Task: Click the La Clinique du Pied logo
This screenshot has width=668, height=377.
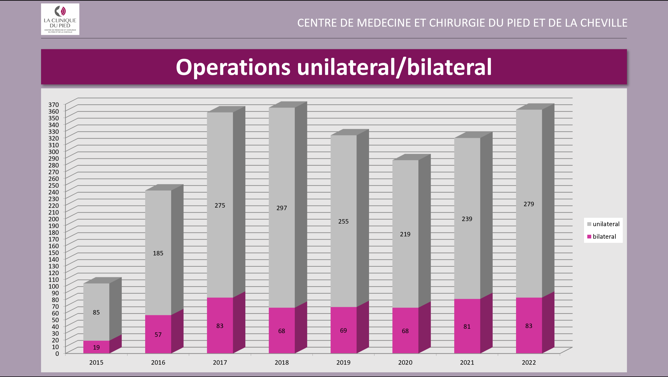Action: click(x=60, y=19)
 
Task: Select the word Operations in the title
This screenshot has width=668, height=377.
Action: click(x=233, y=67)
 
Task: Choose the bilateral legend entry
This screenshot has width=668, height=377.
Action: click(x=602, y=236)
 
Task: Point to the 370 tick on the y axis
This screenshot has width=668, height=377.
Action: click(x=54, y=105)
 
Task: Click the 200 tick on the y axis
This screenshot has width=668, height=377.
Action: click(x=54, y=219)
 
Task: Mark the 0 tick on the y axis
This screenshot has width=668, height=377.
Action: click(x=57, y=353)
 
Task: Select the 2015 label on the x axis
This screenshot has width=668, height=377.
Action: click(x=96, y=362)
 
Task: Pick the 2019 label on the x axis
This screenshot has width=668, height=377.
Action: click(x=343, y=362)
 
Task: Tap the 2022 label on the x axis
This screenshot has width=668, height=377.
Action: click(x=529, y=362)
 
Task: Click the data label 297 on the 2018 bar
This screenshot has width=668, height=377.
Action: click(x=282, y=208)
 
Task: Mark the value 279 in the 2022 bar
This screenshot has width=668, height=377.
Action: click(x=529, y=204)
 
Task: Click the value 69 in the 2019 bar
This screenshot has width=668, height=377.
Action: click(x=343, y=331)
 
